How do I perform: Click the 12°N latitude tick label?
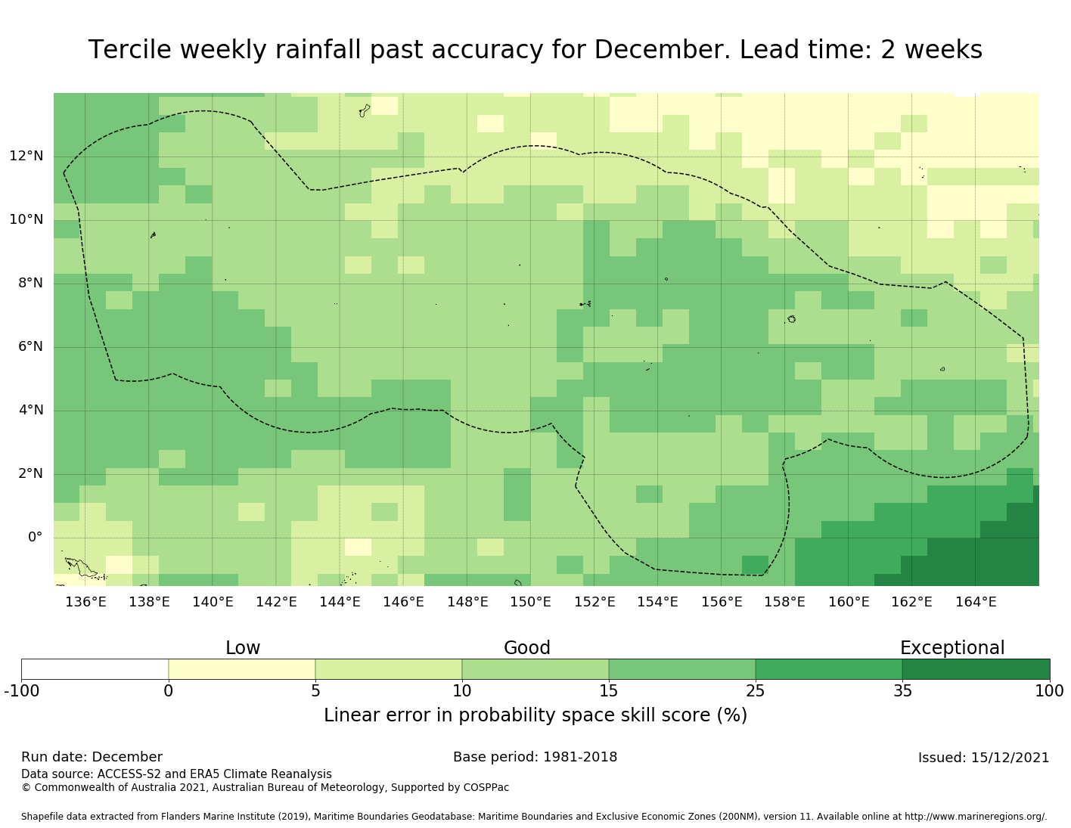point(26,157)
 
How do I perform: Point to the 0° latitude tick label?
point(35,538)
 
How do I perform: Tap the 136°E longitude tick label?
point(85,603)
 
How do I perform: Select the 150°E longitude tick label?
point(530,603)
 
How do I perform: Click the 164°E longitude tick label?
point(976,603)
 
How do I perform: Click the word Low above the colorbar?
point(243,648)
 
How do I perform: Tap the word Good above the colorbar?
point(527,648)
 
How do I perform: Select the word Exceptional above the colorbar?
point(952,648)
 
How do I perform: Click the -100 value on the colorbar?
point(21,690)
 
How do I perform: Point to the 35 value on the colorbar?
point(902,690)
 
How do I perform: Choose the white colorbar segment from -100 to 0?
point(95,669)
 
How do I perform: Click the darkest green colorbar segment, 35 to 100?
point(976,669)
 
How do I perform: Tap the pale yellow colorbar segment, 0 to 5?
point(242,669)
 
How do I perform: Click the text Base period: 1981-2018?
point(535,757)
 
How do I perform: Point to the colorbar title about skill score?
point(535,715)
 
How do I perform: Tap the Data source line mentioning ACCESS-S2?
point(176,774)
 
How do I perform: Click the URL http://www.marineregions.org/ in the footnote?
point(975,817)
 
